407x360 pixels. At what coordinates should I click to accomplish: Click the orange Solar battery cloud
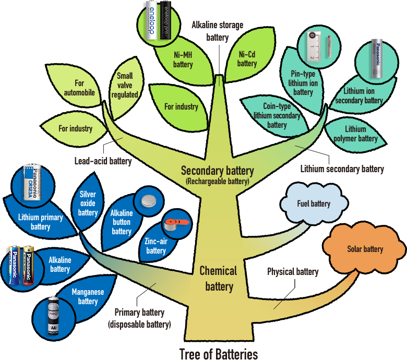coord(365,249)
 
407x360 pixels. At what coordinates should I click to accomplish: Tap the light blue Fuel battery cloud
coord(313,203)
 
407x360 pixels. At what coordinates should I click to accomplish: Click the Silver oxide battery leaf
coord(88,203)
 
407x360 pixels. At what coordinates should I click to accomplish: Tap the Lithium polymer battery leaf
coord(354,134)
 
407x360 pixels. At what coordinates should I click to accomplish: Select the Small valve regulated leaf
coord(127,86)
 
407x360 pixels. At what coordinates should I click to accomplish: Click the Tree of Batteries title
coord(219,354)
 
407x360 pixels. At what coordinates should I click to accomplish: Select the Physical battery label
coord(292,272)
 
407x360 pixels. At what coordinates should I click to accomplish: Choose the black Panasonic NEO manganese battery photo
coord(53,315)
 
